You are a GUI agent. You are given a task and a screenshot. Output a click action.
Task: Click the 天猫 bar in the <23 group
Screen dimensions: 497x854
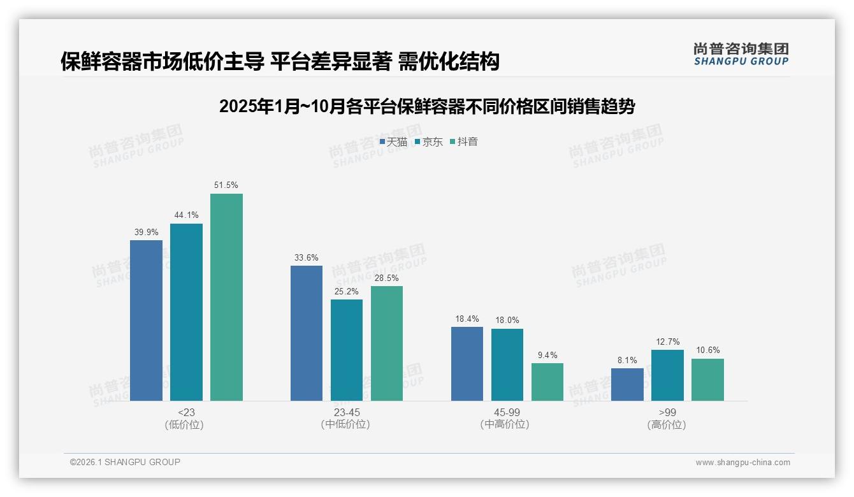tap(146, 321)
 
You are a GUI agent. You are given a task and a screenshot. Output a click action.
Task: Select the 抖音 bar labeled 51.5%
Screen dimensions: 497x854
tap(226, 297)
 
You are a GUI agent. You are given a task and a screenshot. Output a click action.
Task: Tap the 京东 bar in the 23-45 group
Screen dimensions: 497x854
tap(347, 350)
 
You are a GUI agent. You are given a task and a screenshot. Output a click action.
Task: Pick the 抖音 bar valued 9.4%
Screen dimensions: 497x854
tap(547, 382)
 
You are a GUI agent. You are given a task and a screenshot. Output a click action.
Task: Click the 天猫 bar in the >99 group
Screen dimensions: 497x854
tap(627, 384)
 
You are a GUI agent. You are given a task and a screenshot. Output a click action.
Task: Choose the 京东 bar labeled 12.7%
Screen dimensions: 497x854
tap(667, 375)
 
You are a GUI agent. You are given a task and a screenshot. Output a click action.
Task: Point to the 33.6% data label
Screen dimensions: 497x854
tap(307, 258)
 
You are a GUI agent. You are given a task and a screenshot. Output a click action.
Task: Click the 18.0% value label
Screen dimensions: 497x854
tap(507, 321)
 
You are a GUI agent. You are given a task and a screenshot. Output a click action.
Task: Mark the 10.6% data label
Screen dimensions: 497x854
tap(707, 350)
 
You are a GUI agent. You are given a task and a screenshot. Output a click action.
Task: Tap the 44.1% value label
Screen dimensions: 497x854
tap(186, 215)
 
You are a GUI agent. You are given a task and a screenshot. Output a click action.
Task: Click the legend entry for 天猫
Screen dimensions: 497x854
tap(393, 142)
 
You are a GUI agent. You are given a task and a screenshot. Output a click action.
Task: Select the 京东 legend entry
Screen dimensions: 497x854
tap(428, 142)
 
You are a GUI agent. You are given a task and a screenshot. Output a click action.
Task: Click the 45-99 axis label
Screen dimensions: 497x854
tap(507, 413)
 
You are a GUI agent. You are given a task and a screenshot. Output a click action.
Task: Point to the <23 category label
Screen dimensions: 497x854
tap(186, 413)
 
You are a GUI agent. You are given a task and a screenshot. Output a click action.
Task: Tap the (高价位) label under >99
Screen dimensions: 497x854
tap(667, 425)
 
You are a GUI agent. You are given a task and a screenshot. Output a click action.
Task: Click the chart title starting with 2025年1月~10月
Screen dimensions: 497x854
tap(426, 106)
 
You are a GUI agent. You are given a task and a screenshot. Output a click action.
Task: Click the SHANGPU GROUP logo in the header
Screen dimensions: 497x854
tap(741, 54)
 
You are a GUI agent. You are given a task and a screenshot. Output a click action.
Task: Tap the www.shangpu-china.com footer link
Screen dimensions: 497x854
tap(742, 463)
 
